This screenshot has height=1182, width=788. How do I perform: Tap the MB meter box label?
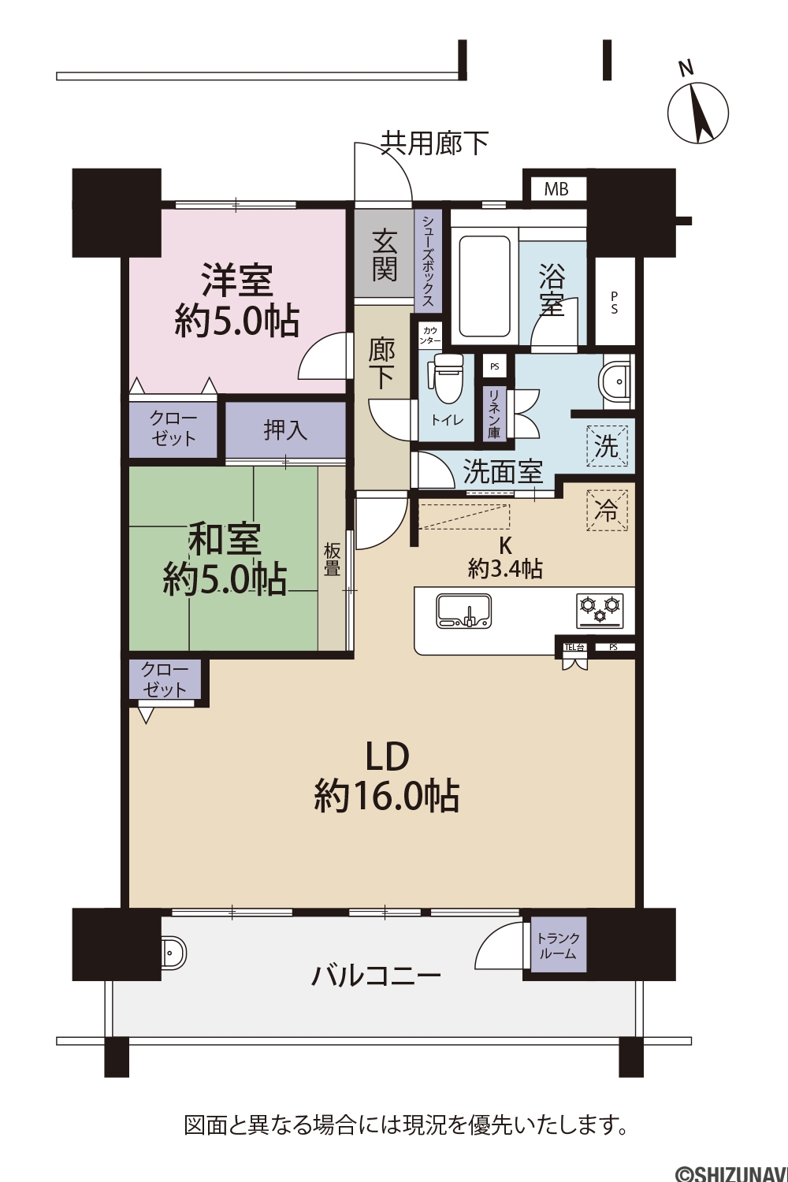coord(556,189)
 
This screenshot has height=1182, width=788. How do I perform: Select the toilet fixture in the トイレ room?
coord(448,377)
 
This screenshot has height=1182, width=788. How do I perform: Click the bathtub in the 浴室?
coord(485,286)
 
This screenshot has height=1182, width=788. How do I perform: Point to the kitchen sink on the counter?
coord(463,611)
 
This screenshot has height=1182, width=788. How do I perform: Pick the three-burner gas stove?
coord(600,611)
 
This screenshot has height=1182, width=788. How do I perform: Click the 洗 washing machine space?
coord(607,447)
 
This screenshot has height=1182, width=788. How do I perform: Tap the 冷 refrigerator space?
coord(607,511)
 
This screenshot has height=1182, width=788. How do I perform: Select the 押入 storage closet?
coord(285,430)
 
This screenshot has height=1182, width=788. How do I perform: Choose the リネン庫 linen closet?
coord(494,414)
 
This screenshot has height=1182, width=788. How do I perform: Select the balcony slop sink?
coord(173,953)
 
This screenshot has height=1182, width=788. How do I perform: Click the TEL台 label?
coord(574,647)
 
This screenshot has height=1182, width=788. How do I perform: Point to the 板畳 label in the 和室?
coord(332,559)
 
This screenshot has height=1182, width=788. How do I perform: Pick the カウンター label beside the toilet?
coord(429,336)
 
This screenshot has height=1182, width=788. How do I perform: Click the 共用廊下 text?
coord(435,143)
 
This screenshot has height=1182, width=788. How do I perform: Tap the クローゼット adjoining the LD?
coord(164,679)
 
